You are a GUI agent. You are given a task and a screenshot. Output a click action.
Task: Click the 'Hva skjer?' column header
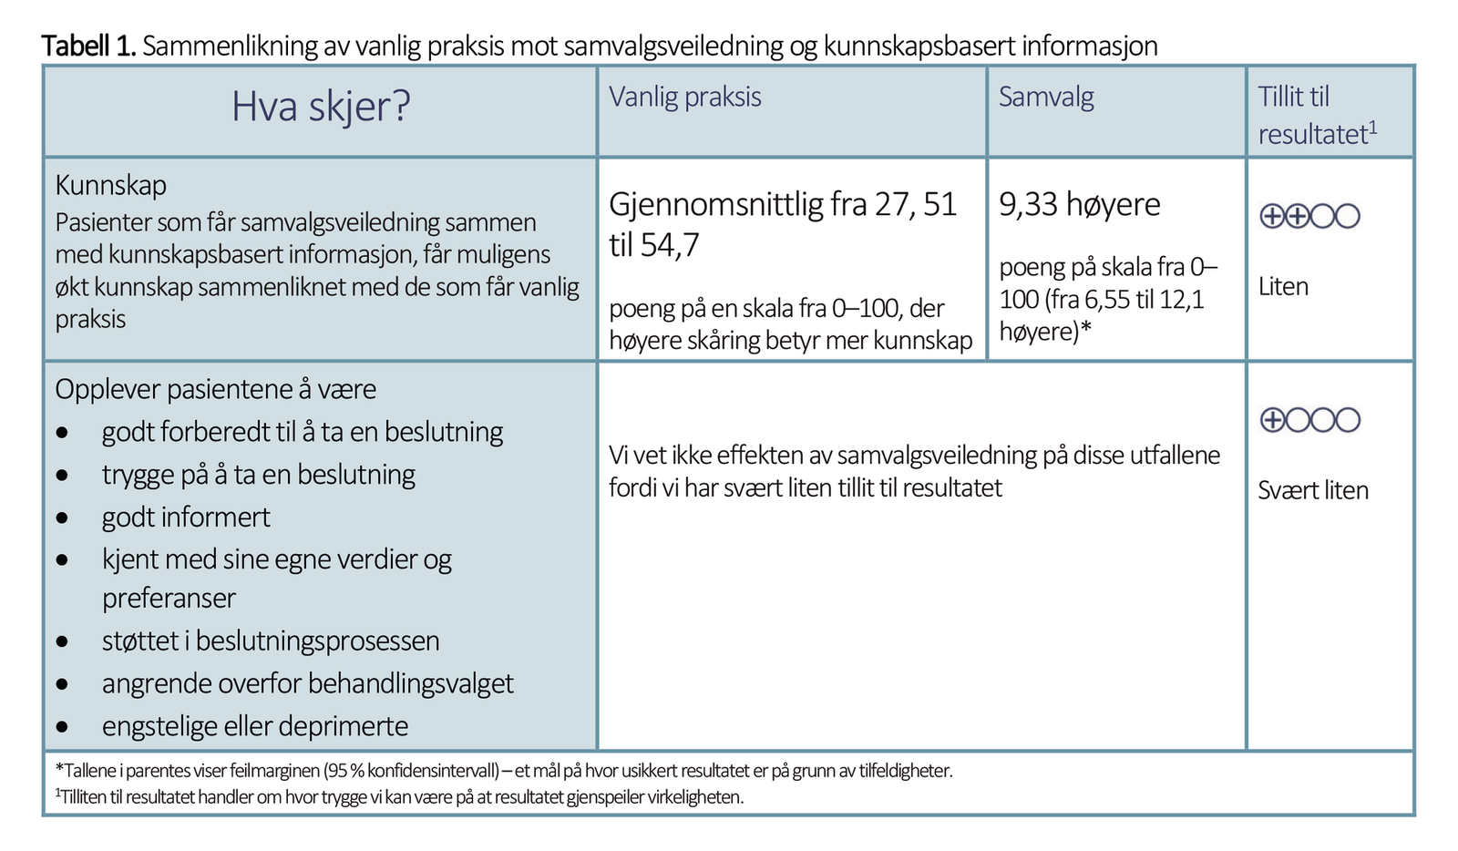(x=321, y=108)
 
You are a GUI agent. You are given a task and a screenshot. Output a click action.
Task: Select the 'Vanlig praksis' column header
(x=684, y=97)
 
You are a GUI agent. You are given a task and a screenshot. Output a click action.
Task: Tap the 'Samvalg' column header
(x=1046, y=97)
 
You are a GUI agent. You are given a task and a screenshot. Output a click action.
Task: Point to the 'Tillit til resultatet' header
(x=1316, y=115)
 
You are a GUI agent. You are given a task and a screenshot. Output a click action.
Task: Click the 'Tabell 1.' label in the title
(x=88, y=46)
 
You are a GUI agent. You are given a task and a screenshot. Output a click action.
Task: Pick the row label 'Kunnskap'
(x=110, y=185)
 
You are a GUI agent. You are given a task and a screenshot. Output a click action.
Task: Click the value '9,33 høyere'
(x=1079, y=205)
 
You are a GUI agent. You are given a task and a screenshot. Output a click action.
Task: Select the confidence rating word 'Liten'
(x=1282, y=286)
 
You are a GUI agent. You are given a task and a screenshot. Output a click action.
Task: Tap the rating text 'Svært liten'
(x=1312, y=490)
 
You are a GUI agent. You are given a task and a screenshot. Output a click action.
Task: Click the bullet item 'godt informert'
(x=186, y=518)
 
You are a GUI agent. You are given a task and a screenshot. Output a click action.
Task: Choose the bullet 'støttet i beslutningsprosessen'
(x=271, y=641)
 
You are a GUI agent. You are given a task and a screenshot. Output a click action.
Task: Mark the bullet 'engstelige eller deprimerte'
(x=255, y=726)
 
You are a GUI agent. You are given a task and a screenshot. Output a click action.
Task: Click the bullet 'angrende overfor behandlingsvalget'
(x=307, y=683)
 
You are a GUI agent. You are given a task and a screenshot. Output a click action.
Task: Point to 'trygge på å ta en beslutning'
(x=259, y=475)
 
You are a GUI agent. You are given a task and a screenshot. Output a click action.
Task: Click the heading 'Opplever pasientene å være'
(x=215, y=389)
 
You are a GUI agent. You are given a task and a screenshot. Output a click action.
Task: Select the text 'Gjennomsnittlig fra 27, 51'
(x=782, y=205)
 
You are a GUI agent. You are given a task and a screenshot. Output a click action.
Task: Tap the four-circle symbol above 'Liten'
(x=1309, y=216)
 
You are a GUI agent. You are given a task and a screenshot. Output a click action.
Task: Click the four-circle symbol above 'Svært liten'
(x=1309, y=420)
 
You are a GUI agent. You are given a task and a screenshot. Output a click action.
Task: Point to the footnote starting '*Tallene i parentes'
(x=503, y=771)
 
